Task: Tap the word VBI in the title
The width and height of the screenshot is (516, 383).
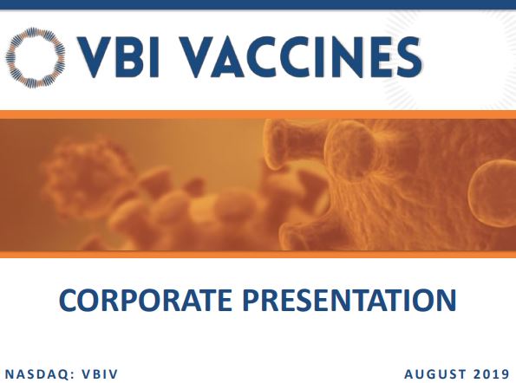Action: click(x=118, y=57)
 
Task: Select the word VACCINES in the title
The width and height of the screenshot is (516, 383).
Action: click(x=301, y=57)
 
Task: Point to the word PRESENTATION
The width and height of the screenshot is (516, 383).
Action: click(x=349, y=300)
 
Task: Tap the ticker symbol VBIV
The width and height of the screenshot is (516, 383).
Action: click(x=100, y=374)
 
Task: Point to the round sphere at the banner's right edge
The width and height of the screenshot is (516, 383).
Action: click(x=493, y=193)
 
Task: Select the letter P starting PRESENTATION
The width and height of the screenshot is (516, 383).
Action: click(x=251, y=300)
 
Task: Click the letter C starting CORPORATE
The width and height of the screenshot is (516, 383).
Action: click(x=69, y=300)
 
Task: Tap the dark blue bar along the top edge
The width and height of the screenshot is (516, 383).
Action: click(x=258, y=4)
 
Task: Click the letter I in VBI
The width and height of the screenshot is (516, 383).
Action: click(x=155, y=57)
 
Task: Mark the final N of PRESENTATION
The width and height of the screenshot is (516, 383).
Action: click(x=447, y=300)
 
